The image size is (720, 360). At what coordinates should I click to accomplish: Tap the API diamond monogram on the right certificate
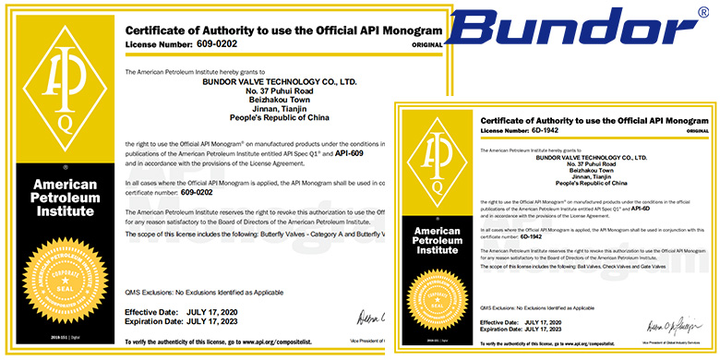click(437, 158)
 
